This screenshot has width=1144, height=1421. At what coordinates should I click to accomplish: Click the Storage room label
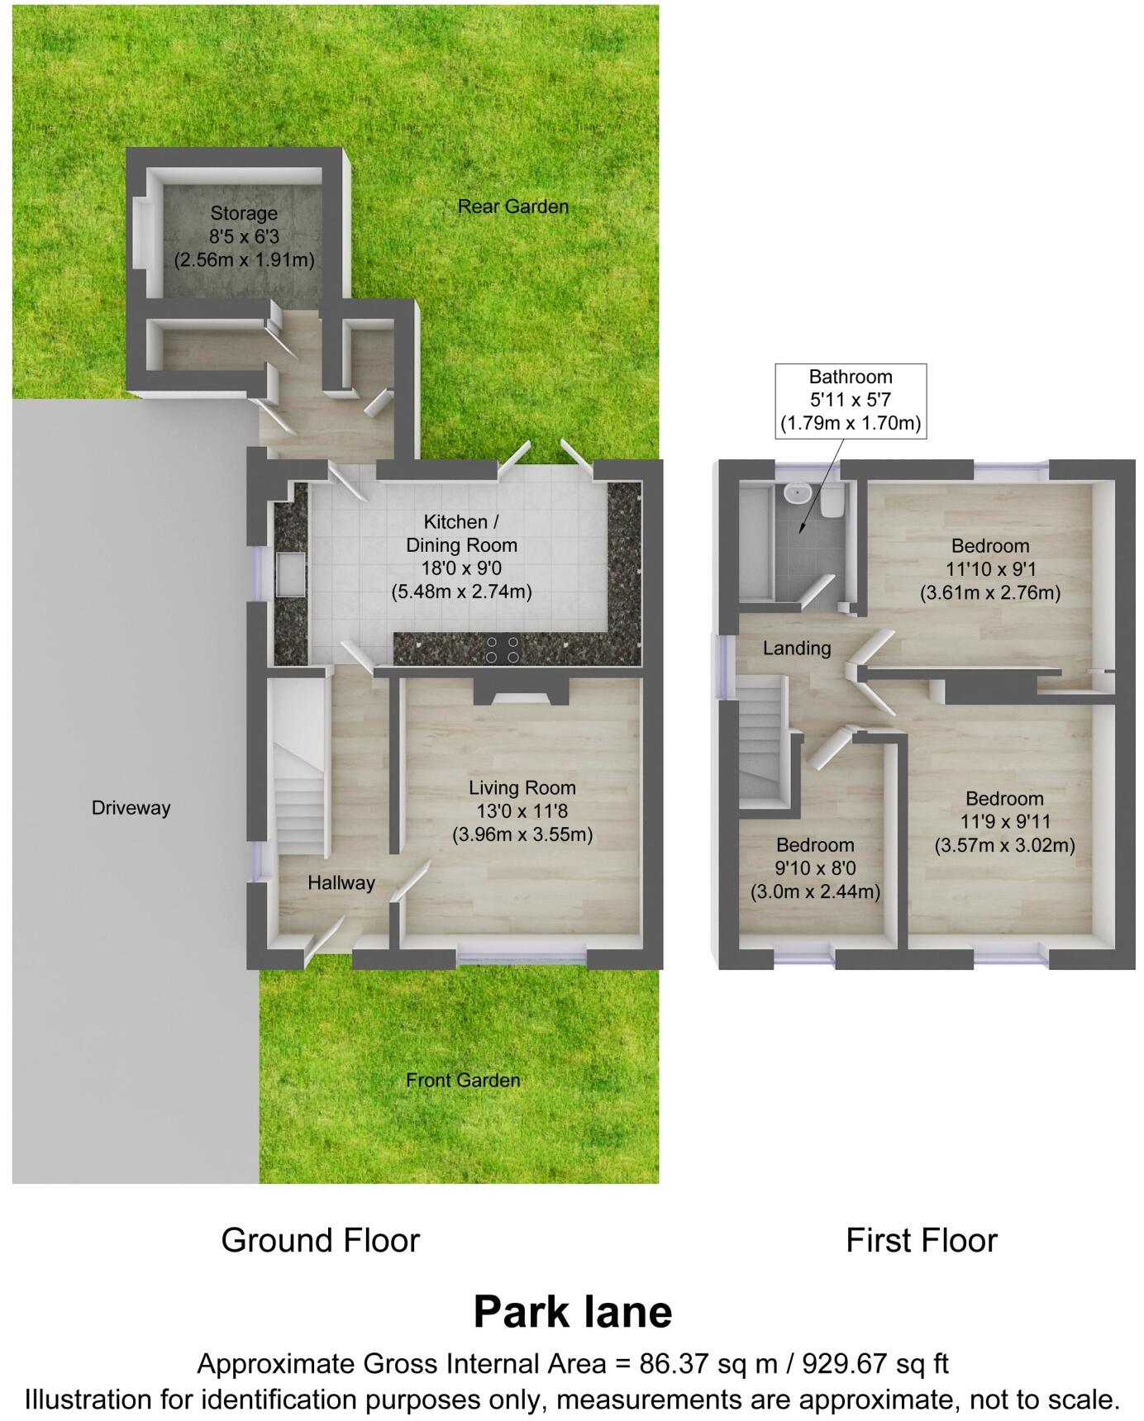243,214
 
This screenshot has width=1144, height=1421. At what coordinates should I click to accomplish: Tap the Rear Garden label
512,207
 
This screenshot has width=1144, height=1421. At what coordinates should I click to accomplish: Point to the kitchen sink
292,573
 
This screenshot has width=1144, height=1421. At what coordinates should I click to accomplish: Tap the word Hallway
341,883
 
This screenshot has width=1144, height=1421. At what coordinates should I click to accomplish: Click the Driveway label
131,808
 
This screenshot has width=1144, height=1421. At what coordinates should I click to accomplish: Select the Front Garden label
463,1080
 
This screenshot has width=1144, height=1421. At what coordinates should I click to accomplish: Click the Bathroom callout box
850,401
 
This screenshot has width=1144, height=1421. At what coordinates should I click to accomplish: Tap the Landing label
796,649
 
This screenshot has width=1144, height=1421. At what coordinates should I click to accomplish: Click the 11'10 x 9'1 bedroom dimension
989,569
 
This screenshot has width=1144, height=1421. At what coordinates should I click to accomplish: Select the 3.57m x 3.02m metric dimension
1004,845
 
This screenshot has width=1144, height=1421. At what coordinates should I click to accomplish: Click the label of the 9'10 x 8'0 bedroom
814,845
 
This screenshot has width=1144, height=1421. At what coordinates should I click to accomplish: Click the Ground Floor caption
320,1241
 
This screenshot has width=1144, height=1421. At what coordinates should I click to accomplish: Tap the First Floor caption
921,1241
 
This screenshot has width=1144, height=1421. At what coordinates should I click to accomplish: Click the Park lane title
572,1312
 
